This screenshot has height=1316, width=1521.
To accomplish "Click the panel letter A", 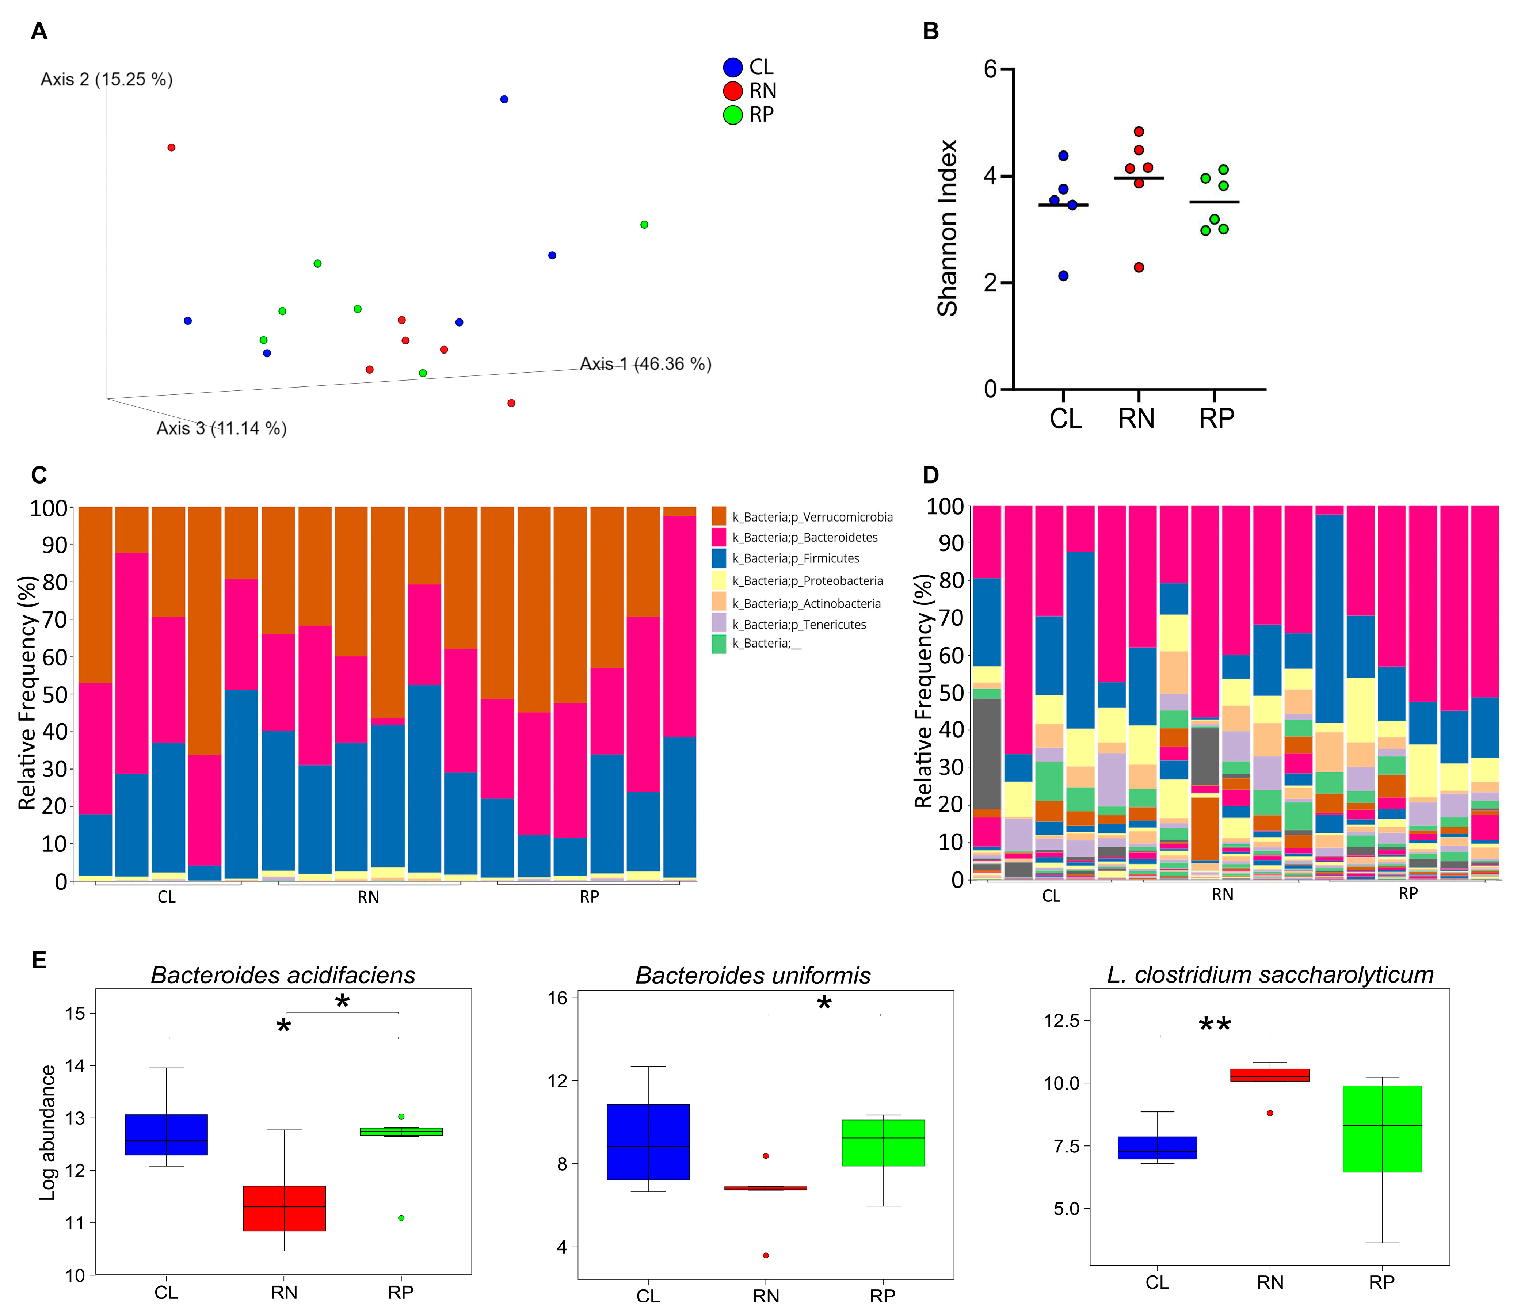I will pos(39,31).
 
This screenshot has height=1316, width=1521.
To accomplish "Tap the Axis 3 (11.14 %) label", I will pos(221,428).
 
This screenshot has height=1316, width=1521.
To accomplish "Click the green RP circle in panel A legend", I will pos(732,115).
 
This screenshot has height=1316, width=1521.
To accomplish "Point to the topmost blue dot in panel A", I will pos(504,99).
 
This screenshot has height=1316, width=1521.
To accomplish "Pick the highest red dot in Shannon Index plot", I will pos(1138,131).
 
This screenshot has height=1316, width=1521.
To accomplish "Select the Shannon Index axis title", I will pos(948,228).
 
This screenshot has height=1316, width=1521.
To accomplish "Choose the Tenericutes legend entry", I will pos(799,624).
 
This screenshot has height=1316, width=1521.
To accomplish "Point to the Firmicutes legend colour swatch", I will pos(719,558).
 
